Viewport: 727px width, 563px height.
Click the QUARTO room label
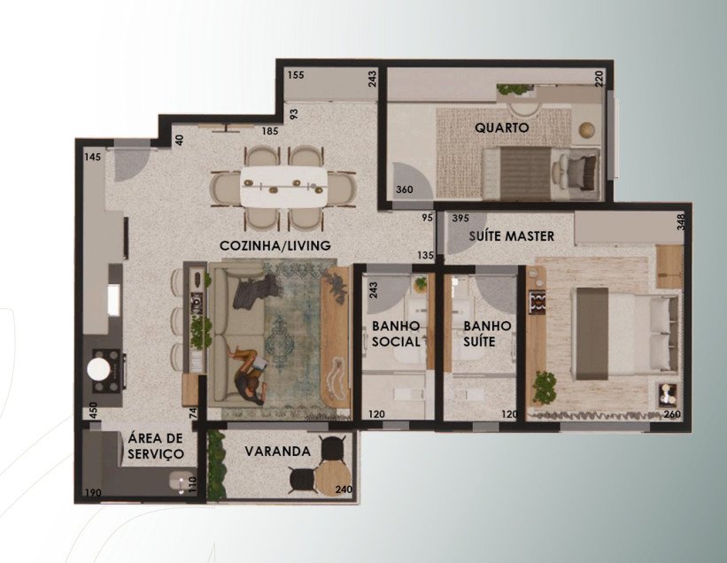pyautogui.click(x=502, y=127)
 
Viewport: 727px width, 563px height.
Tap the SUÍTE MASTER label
pyautogui.click(x=512, y=235)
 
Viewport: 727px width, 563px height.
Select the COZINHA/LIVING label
pyautogui.click(x=275, y=245)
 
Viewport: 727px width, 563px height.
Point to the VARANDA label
pyautogui.click(x=278, y=451)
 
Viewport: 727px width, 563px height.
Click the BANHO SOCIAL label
pyautogui.click(x=396, y=334)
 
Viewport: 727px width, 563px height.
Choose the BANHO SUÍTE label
pyautogui.click(x=487, y=334)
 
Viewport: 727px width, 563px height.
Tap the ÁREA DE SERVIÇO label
pyautogui.click(x=155, y=445)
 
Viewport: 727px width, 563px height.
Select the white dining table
pyautogui.click(x=283, y=186)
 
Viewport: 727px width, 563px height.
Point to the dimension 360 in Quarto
pyautogui.click(x=405, y=189)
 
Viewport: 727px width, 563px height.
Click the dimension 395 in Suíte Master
pyautogui.click(x=460, y=218)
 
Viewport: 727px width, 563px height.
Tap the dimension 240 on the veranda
pyautogui.click(x=344, y=490)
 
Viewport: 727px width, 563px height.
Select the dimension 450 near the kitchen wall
pyautogui.click(x=93, y=411)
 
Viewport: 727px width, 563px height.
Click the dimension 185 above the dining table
pyautogui.click(x=270, y=131)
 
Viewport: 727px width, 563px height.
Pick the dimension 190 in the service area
pyautogui.click(x=93, y=492)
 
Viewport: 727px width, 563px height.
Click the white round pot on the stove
pyautogui.click(x=99, y=369)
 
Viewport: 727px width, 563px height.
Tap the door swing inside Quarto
pyautogui.click(x=413, y=181)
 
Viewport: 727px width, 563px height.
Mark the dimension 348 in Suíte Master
pyautogui.click(x=680, y=221)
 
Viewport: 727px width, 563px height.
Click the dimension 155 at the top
pyautogui.click(x=296, y=74)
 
